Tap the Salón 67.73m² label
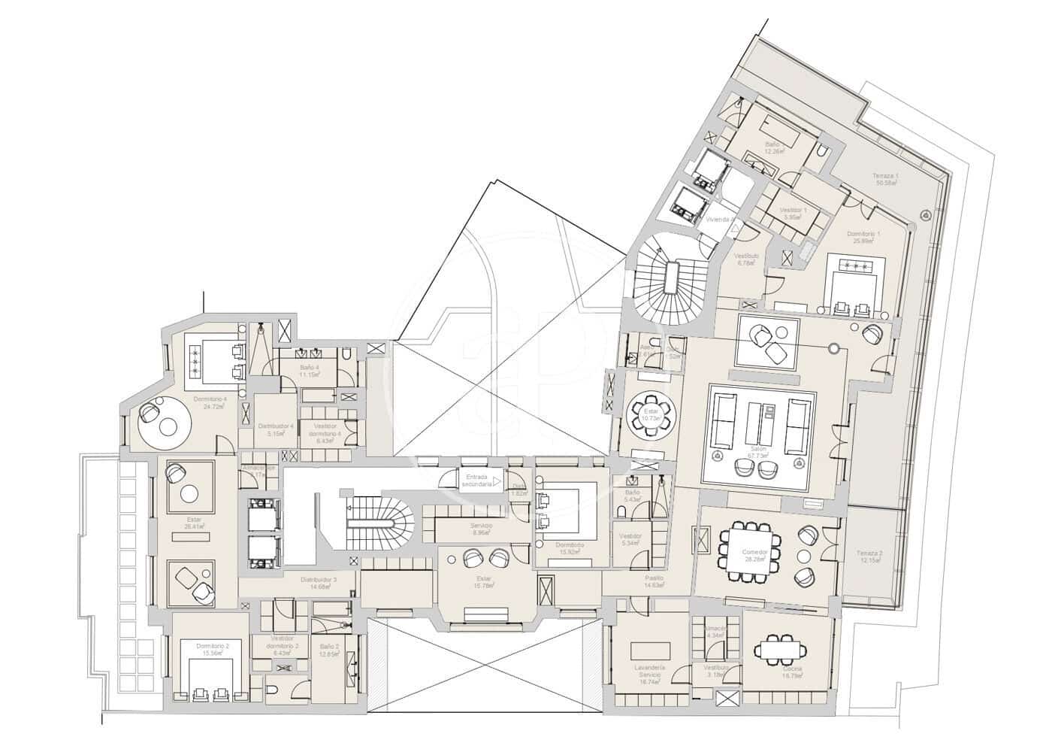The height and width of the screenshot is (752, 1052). (762, 451)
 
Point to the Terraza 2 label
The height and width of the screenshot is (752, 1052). (869, 558)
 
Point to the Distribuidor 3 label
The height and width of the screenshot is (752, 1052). (319, 583)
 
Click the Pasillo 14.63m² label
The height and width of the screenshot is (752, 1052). (654, 581)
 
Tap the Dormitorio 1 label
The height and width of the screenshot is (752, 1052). (863, 238)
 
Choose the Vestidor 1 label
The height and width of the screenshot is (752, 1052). (794, 214)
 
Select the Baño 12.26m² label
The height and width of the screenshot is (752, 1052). (772, 147)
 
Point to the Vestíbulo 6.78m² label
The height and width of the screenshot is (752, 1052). (747, 259)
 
